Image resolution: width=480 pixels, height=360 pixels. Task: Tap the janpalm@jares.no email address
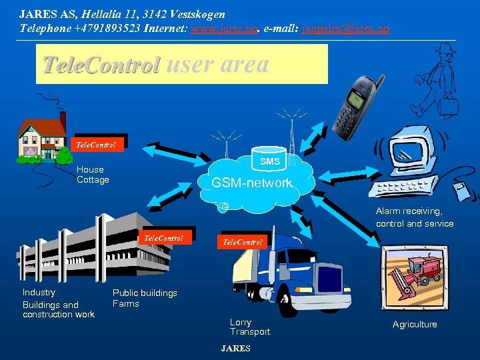click(x=345, y=29)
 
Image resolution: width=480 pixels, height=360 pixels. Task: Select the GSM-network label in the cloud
click(x=251, y=183)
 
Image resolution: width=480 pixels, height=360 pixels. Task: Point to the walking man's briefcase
click(x=447, y=105)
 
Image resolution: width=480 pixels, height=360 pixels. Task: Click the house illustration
click(x=43, y=139)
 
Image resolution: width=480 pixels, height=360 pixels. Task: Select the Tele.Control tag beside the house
click(x=97, y=144)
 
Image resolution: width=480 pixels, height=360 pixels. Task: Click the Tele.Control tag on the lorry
click(x=243, y=241)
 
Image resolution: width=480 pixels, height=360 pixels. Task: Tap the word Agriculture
click(x=415, y=325)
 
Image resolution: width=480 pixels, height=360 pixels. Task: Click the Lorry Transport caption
click(x=250, y=327)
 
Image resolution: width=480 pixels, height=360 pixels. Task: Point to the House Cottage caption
click(x=93, y=175)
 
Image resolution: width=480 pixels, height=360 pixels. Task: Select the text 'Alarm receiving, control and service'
click(x=414, y=217)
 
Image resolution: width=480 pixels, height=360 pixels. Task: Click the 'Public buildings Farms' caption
click(x=145, y=298)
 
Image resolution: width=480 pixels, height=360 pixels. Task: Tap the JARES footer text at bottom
click(x=236, y=349)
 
